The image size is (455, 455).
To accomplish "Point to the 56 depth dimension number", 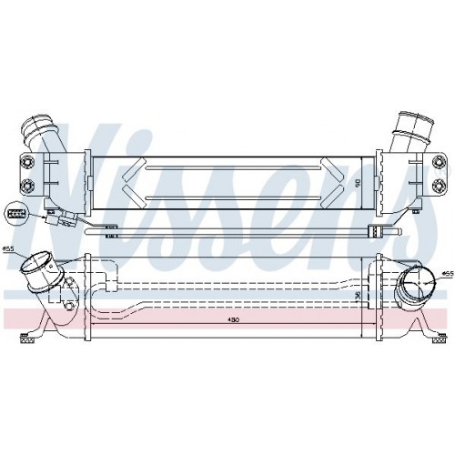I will pyautogui.click(x=358, y=294).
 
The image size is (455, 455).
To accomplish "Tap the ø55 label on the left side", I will pyautogui.click(x=8, y=249).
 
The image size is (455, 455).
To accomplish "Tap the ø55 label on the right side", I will pyautogui.click(x=447, y=272).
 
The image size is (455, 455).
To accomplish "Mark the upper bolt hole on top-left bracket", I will pyautogui.click(x=28, y=163).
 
